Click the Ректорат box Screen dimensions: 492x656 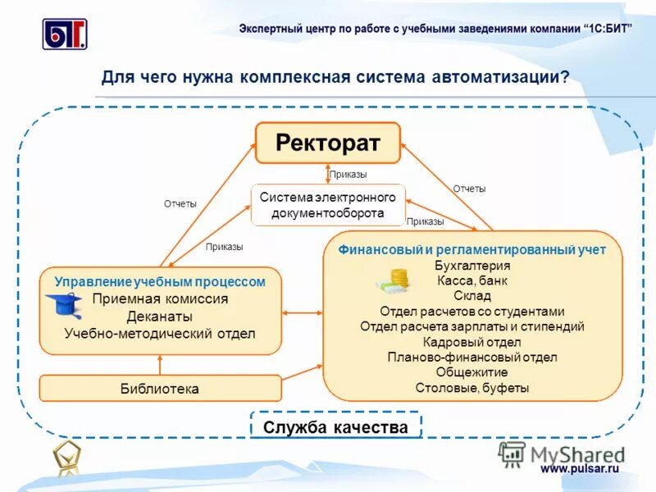pyautogui.click(x=327, y=143)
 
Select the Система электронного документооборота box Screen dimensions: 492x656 pyautogui.click(x=327, y=205)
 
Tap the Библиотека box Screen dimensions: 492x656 pyautogui.click(x=160, y=389)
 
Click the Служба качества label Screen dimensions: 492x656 pyautogui.click(x=335, y=427)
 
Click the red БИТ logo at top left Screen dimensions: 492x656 pyautogui.click(x=65, y=34)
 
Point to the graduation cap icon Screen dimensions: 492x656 pyautogui.click(x=63, y=305)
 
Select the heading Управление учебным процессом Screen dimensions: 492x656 pyautogui.click(x=160, y=281)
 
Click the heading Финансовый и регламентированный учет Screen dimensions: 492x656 pyautogui.click(x=472, y=249)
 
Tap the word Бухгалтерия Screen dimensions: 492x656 pyautogui.click(x=472, y=266)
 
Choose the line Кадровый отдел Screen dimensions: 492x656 pyautogui.click(x=472, y=342)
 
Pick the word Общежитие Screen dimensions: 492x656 pyautogui.click(x=472, y=372)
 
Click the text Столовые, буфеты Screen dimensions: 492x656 pyautogui.click(x=472, y=388)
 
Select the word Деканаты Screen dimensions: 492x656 pyautogui.click(x=160, y=316)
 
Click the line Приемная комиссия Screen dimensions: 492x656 pyautogui.click(x=160, y=298)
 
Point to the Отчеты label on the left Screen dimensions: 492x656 pyautogui.click(x=180, y=204)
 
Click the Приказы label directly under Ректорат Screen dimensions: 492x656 pyautogui.click(x=348, y=175)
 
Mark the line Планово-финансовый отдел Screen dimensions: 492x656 pyautogui.click(x=472, y=358)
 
